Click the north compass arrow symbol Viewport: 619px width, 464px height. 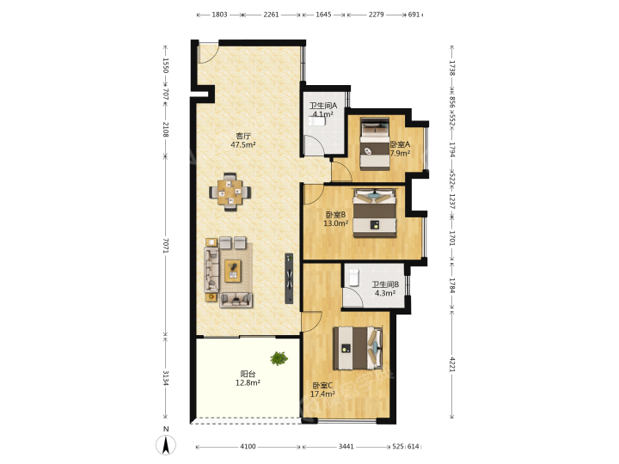click(166, 445)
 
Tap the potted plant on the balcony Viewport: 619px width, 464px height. click(279, 358)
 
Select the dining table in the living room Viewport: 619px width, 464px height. click(230, 192)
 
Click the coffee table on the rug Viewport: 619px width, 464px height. click(232, 271)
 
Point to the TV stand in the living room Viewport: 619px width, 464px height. click(290, 278)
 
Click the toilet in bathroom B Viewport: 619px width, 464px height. click(353, 278)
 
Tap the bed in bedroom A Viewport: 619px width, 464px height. click(375, 144)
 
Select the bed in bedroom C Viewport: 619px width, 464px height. click(358, 348)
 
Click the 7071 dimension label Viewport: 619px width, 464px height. click(166, 246)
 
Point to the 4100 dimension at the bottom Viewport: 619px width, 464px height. click(248, 446)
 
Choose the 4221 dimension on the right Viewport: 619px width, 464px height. click(452, 364)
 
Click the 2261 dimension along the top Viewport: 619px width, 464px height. click(271, 15)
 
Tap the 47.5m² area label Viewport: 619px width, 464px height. click(243, 145)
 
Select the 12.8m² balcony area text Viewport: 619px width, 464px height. click(248, 382)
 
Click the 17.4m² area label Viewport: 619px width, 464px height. click(322, 394)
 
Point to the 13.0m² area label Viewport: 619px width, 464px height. click(336, 223)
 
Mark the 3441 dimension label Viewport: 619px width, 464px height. click(346, 446)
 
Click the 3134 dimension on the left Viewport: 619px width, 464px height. click(166, 378)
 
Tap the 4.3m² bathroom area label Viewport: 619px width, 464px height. click(385, 293)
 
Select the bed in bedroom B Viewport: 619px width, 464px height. click(374, 213)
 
